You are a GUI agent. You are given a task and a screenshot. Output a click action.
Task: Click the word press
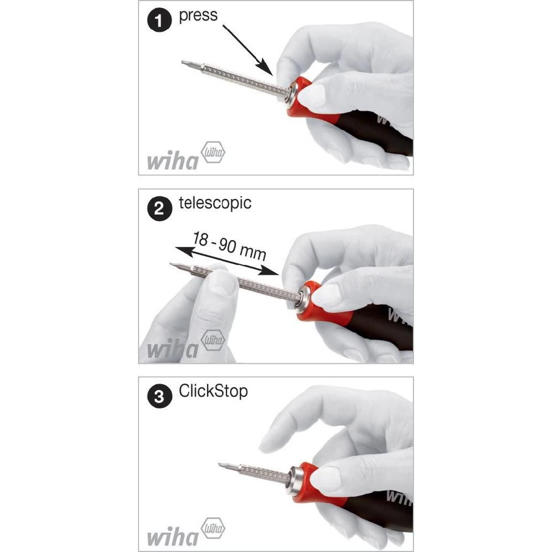click(199, 15)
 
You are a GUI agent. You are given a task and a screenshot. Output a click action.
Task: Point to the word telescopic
click(215, 203)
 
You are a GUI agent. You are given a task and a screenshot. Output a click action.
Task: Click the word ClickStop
click(213, 391)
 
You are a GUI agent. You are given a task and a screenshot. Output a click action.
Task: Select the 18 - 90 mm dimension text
click(230, 246)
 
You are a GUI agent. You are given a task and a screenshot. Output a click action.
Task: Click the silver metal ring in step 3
click(298, 478)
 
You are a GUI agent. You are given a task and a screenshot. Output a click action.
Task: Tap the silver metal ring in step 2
click(302, 299)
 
